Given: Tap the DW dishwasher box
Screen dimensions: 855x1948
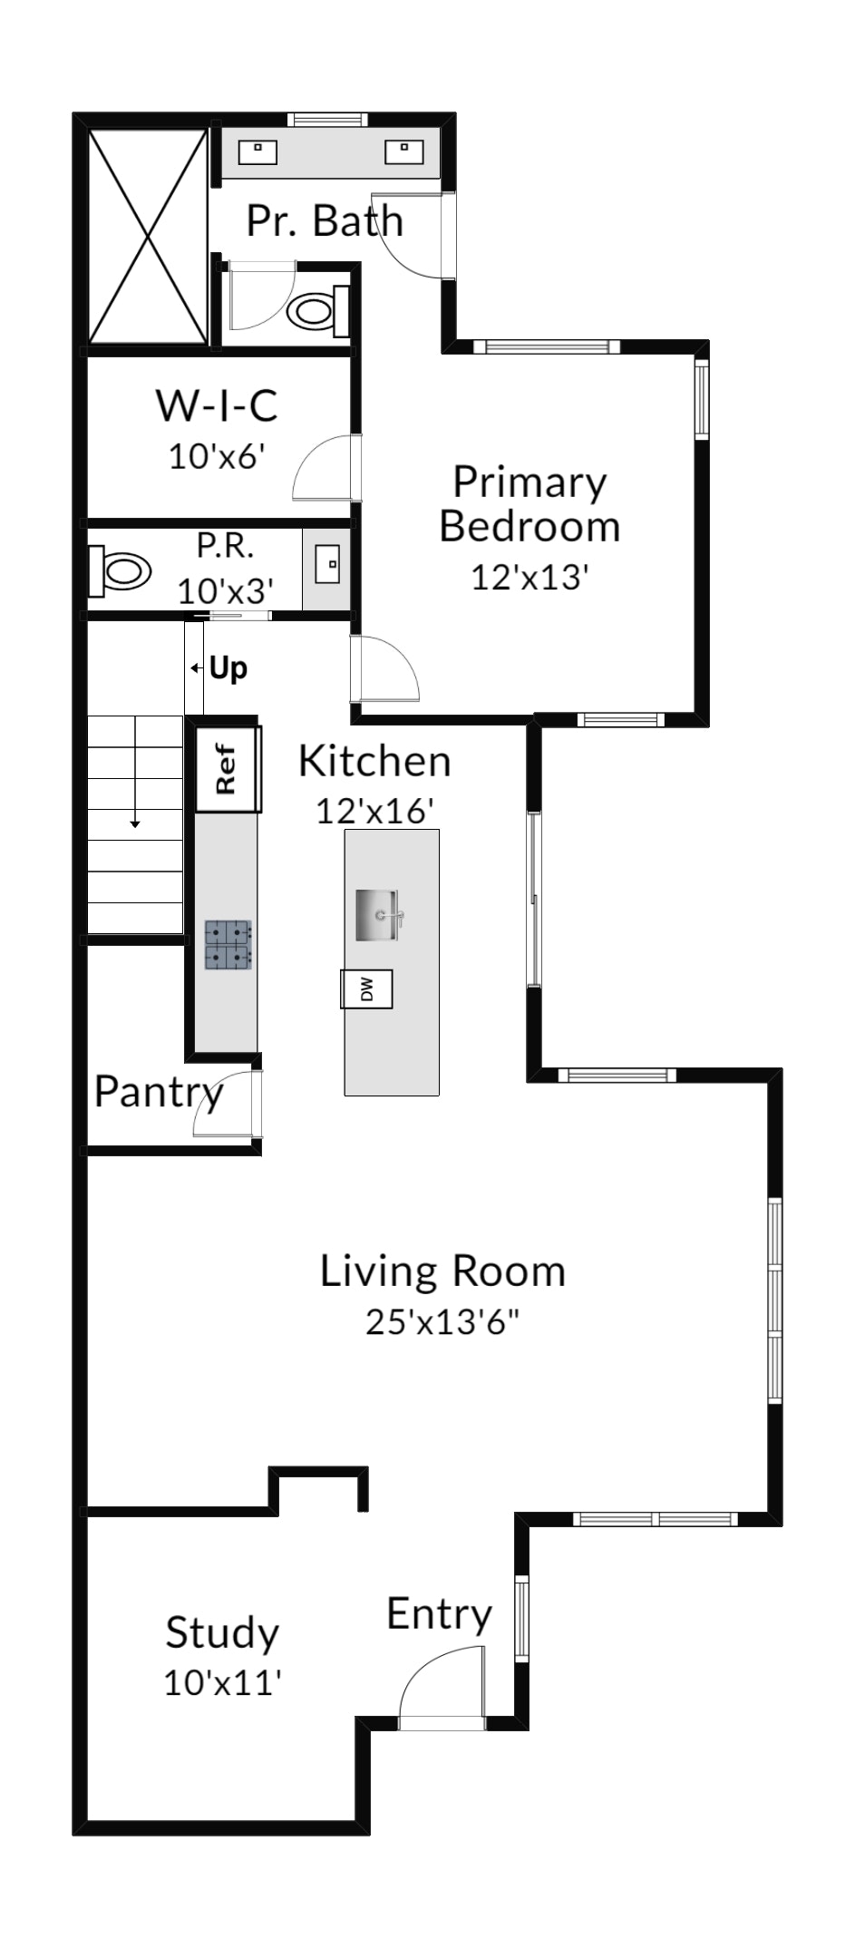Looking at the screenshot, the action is pos(366,988).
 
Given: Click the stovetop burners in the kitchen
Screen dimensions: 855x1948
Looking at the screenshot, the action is pos(228,944).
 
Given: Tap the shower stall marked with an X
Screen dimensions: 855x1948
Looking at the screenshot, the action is pos(147,236).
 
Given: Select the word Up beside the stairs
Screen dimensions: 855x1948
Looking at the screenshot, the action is pos(228,669).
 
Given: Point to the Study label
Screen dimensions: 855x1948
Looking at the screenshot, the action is pos(222,1633).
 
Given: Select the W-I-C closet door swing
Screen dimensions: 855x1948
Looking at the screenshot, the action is pos(327,467).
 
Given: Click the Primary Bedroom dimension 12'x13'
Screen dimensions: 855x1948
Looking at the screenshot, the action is pos(530,576).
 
